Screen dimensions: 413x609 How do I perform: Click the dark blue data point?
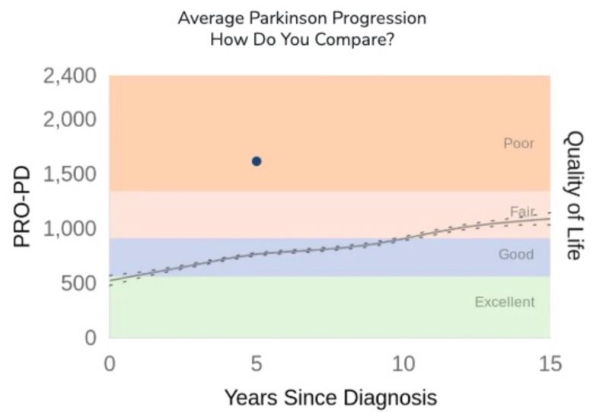257,161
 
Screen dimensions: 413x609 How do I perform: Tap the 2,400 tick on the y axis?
69,77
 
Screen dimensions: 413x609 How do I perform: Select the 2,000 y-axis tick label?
69,120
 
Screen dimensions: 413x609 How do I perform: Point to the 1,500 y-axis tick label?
69,175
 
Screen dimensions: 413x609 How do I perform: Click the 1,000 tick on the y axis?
69,229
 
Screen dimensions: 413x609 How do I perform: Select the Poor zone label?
518,143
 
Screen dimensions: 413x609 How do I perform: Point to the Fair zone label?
521,211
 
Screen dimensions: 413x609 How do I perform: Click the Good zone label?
516,254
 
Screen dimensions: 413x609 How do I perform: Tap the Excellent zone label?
505,302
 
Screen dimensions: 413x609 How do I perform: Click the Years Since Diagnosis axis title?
330,396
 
